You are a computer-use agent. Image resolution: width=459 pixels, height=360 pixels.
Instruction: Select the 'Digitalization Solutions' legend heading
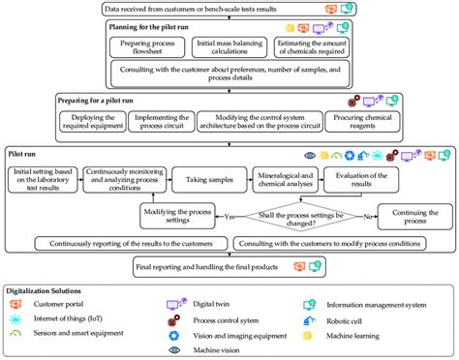pos(51,290)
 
